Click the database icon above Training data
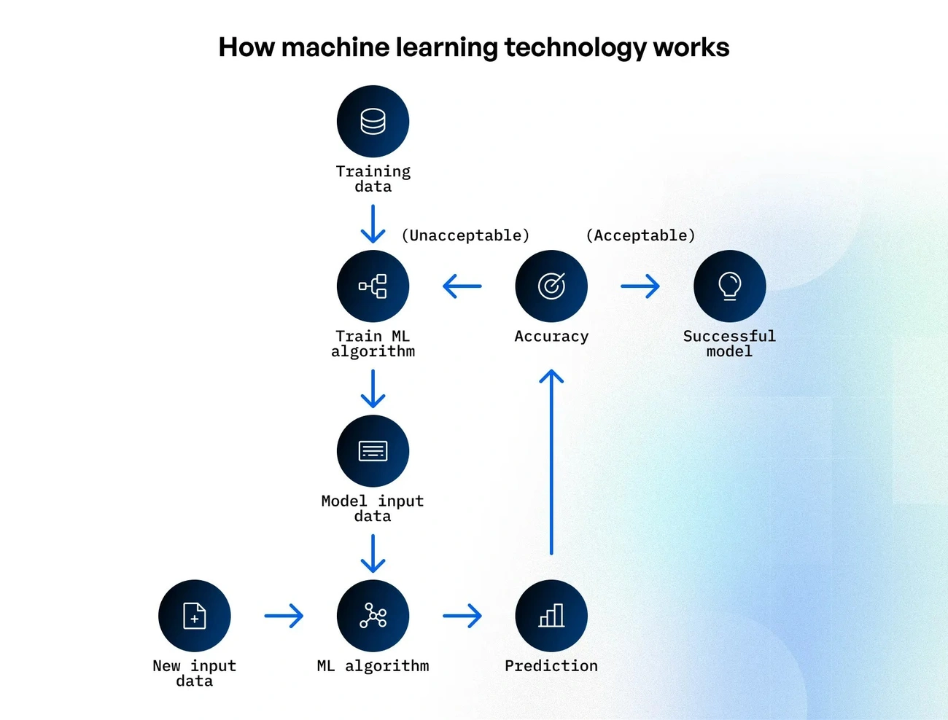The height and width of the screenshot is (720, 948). [373, 122]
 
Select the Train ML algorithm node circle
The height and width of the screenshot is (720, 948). [373, 286]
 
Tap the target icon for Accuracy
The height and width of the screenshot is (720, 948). [551, 286]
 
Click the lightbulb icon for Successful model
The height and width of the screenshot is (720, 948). [729, 286]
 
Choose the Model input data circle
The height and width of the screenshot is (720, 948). [373, 451]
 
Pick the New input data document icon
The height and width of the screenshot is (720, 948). [195, 616]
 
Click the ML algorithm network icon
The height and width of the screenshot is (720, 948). [373, 616]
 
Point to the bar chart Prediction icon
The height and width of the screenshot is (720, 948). [551, 616]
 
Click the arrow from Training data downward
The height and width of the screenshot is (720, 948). [373, 224]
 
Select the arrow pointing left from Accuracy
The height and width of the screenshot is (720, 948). [462, 286]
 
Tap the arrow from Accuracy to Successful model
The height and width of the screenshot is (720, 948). [640, 286]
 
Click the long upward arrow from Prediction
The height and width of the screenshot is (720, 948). [551, 463]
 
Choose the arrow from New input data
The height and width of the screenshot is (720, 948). [284, 616]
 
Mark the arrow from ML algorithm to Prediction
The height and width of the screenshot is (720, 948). [462, 616]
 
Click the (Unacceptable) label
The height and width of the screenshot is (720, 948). [465, 235]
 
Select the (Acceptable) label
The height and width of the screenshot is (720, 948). [640, 235]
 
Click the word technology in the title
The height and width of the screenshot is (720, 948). [575, 47]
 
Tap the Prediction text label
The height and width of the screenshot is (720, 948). [551, 666]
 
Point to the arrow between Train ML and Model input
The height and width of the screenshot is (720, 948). [373, 388]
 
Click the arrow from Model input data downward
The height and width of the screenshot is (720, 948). [373, 554]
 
